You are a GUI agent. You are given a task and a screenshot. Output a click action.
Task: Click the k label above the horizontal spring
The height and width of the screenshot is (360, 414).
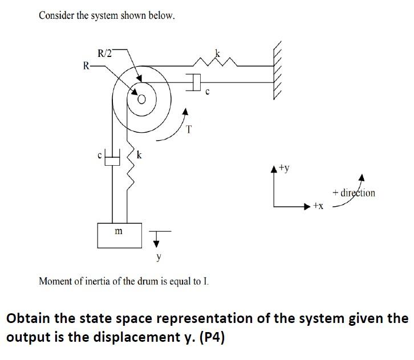pyautogui.click(x=217, y=54)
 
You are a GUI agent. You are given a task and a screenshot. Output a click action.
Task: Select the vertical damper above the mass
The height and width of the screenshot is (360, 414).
pyautogui.click(x=113, y=158)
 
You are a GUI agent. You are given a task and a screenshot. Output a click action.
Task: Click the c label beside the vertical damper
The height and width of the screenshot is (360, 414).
pyautogui.click(x=99, y=154)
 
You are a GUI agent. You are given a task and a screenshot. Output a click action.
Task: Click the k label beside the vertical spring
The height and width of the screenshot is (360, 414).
pyautogui.click(x=139, y=154)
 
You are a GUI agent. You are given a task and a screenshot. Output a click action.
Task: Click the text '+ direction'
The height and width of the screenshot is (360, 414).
pyautogui.click(x=357, y=193)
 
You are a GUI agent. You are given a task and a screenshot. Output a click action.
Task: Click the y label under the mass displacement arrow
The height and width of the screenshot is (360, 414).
pyautogui.click(x=159, y=257)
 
